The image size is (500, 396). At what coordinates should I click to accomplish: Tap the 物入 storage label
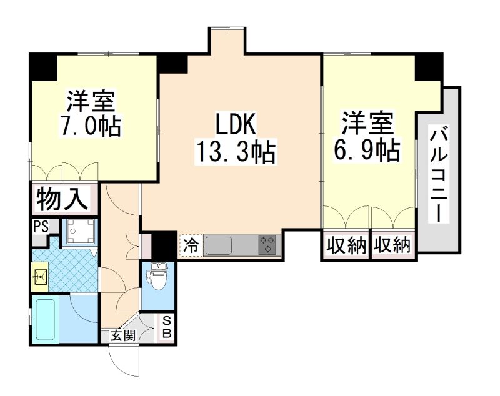pyautogui.click(x=63, y=200)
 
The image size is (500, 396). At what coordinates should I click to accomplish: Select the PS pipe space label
pyautogui.click(x=41, y=226)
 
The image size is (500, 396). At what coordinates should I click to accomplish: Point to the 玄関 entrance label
pyautogui.click(x=123, y=336)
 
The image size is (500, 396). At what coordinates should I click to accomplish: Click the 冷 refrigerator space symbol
pyautogui.click(x=191, y=245)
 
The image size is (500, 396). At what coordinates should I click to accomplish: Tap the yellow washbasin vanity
pyautogui.click(x=39, y=275)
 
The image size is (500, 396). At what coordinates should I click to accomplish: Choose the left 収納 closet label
pyautogui.click(x=346, y=246)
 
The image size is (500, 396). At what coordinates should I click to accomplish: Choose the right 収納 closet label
pyautogui.click(x=394, y=246)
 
